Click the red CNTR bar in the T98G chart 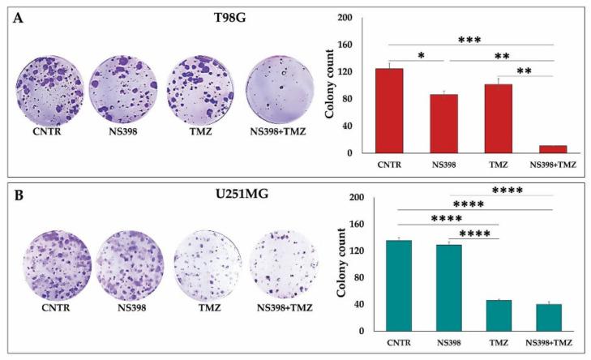pos(393,110)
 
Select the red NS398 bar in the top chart pos(444,123)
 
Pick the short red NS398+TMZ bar pos(552,149)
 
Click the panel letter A pos(16,18)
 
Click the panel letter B pos(16,195)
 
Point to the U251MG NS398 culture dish pos(130,262)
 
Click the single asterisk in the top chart pos(419,54)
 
